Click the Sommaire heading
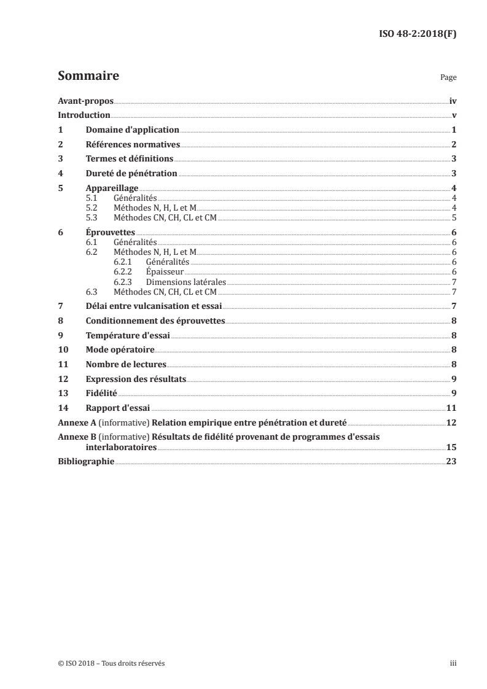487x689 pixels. click(88, 76)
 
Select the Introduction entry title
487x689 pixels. click(84, 115)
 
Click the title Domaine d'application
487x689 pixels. click(132, 130)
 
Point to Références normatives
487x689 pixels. click(133, 144)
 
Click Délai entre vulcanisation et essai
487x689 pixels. click(154, 306)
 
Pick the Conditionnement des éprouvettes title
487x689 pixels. click(155, 321)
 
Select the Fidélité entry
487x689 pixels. click(101, 393)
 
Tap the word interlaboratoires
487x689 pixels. click(121, 447)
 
